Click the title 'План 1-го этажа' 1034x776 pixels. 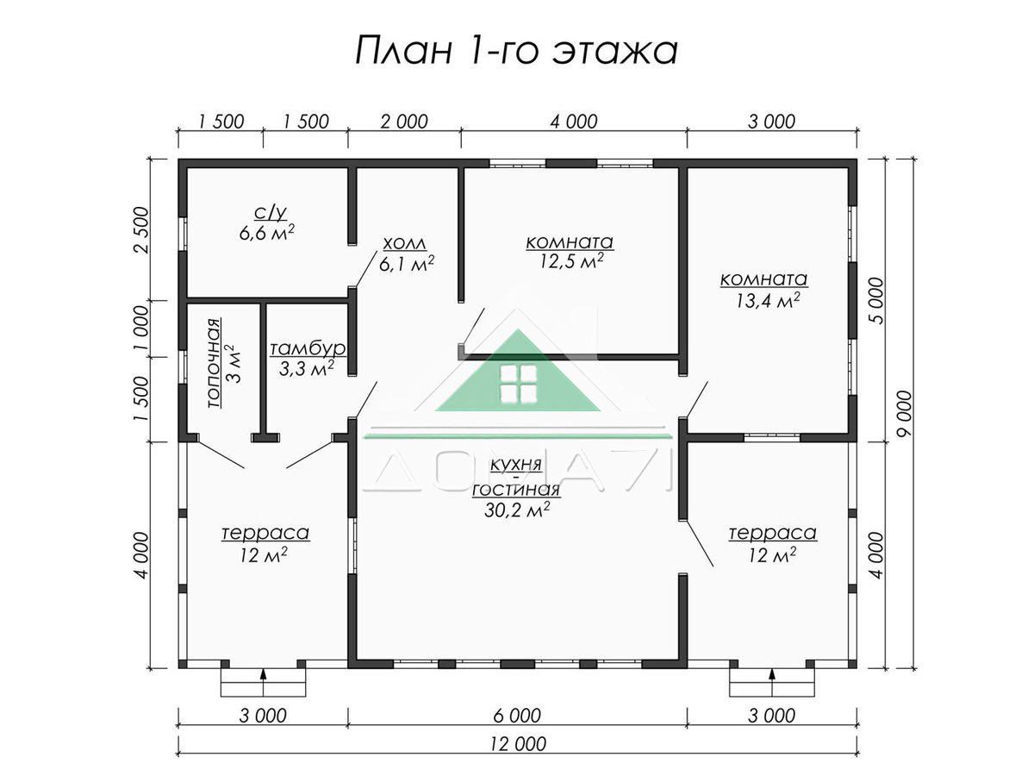click(x=516, y=50)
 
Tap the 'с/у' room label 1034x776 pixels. click(x=270, y=213)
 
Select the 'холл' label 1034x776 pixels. click(x=405, y=244)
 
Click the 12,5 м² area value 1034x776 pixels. click(x=571, y=261)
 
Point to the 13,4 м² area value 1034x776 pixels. click(x=768, y=300)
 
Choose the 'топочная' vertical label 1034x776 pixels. click(x=214, y=363)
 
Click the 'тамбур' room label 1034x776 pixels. click(x=307, y=348)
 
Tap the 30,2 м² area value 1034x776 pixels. click(x=517, y=510)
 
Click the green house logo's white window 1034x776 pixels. click(x=518, y=385)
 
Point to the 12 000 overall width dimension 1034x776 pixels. click(x=518, y=744)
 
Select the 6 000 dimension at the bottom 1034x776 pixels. click(x=517, y=716)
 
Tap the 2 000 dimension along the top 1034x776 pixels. click(x=404, y=122)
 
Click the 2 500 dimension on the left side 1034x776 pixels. click(x=140, y=230)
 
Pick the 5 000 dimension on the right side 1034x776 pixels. click(x=875, y=301)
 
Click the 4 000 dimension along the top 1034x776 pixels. click(x=574, y=122)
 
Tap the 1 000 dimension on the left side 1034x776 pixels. click(x=140, y=329)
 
